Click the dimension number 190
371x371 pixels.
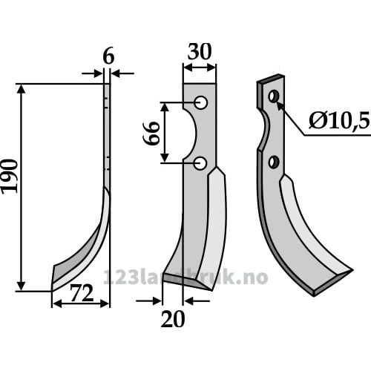tap(10, 176)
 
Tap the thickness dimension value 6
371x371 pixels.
tap(108, 57)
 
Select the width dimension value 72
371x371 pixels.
tap(82, 293)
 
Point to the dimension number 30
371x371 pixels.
tap(200, 51)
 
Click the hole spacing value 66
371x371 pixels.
tap(151, 133)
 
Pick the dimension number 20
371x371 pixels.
tap(173, 319)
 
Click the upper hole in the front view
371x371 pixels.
tap(200, 102)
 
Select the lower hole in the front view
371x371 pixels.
tap(200, 163)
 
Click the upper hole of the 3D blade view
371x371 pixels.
tap(274, 96)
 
